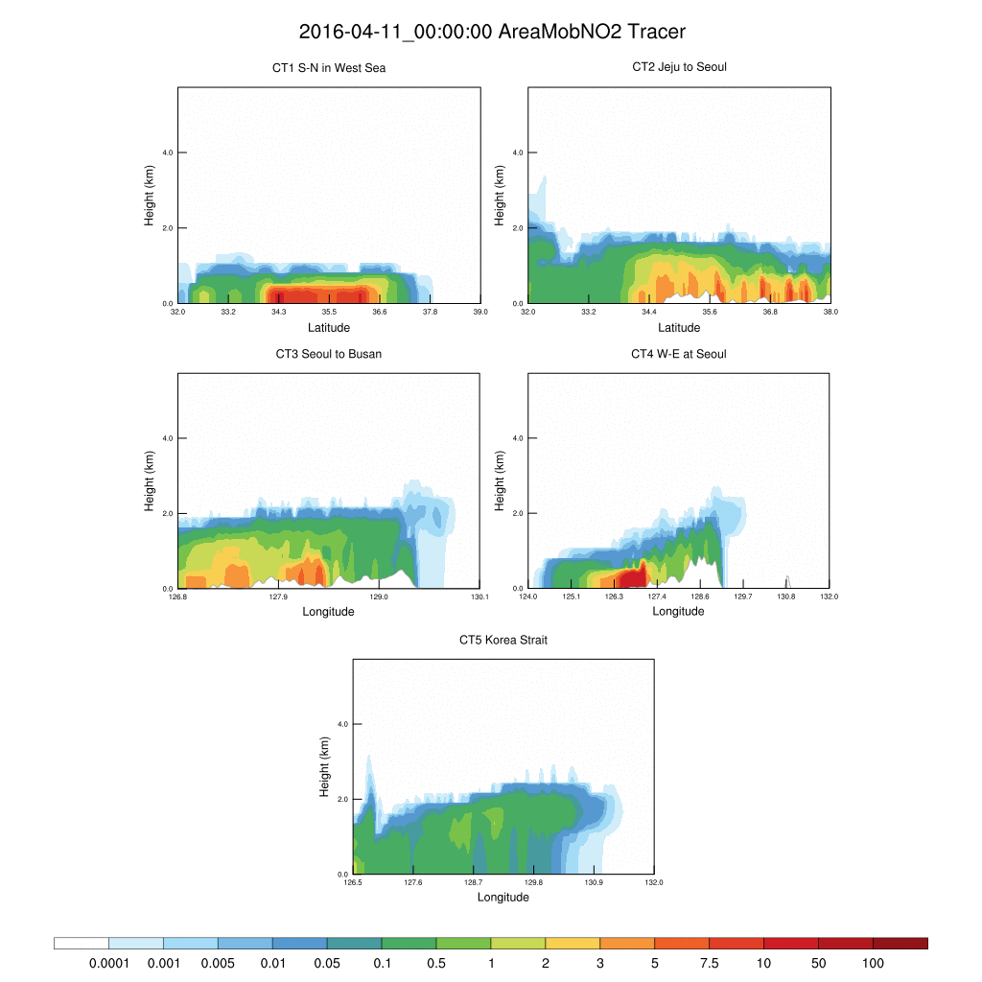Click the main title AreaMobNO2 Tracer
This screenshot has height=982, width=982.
pyautogui.click(x=492, y=32)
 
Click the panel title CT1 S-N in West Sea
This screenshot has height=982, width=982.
pyautogui.click(x=329, y=68)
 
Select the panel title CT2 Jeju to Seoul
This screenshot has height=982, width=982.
pyautogui.click(x=679, y=67)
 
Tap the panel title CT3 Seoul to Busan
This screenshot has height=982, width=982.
pyautogui.click(x=329, y=354)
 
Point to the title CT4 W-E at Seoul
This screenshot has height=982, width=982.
pyautogui.click(x=679, y=354)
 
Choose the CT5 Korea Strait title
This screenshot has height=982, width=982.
pyautogui.click(x=503, y=640)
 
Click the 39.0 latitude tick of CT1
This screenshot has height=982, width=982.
pyautogui.click(x=480, y=312)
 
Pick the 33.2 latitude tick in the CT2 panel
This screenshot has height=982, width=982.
pyautogui.click(x=589, y=312)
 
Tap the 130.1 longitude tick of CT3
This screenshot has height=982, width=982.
pyautogui.click(x=480, y=597)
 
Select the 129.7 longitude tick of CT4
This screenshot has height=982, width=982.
pyautogui.click(x=743, y=597)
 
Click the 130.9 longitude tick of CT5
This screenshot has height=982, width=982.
pyautogui.click(x=594, y=883)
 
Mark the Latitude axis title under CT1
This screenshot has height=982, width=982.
pyautogui.click(x=329, y=327)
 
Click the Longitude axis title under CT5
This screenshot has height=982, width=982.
pyautogui.click(x=503, y=898)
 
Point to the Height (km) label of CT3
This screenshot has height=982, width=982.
pyautogui.click(x=150, y=480)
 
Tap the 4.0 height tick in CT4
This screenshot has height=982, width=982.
pyautogui.click(x=516, y=438)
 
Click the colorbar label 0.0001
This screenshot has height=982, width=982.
pyautogui.click(x=108, y=962)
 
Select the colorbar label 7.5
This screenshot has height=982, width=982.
pyautogui.click(x=709, y=962)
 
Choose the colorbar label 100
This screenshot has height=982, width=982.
pyautogui.click(x=873, y=962)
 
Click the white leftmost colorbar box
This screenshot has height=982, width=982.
pyautogui.click(x=82, y=944)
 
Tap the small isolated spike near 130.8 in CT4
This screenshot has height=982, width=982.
pyautogui.click(x=787, y=581)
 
